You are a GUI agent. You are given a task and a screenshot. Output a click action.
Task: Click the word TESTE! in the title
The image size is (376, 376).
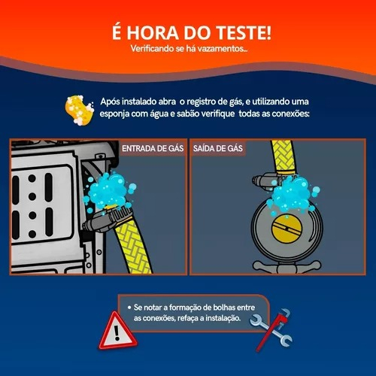(x=244, y=33)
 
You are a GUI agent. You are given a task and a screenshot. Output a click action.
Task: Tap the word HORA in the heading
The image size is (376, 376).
(x=153, y=33)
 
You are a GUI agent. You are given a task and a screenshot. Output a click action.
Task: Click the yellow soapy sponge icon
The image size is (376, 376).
(x=79, y=110)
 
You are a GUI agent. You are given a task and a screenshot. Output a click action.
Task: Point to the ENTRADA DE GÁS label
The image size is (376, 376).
(x=153, y=148)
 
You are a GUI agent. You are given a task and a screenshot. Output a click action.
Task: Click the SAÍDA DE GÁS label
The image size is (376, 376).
(x=218, y=148)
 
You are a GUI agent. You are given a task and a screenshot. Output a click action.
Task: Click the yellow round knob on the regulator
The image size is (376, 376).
(x=287, y=229)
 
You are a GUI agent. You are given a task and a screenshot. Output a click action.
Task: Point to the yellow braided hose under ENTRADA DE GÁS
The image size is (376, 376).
(x=133, y=247)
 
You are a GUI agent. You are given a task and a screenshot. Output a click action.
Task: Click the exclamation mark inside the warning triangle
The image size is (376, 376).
(x=117, y=332)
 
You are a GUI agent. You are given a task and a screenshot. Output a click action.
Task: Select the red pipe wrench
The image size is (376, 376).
(x=273, y=329)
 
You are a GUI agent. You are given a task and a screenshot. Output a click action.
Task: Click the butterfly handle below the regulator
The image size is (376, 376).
(x=287, y=267)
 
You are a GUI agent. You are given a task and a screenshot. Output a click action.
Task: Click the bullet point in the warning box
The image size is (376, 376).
(x=129, y=308)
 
